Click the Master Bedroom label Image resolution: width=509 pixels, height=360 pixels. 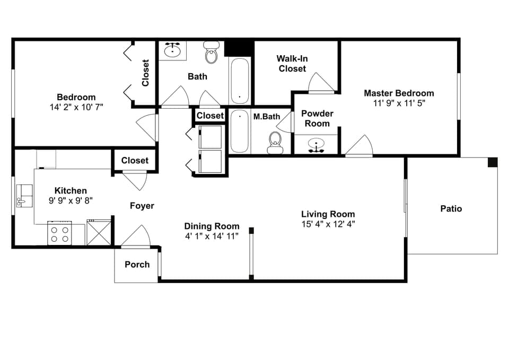tap(398, 93)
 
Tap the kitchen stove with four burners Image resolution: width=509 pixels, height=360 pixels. tap(60, 234)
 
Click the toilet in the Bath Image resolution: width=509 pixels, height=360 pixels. tap(212, 53)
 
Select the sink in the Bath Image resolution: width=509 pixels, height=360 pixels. tap(172, 50)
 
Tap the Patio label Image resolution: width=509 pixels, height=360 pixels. tap(451, 209)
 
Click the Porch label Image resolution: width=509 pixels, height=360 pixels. tap(137, 265)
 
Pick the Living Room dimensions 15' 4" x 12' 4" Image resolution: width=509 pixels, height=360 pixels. tap(328, 224)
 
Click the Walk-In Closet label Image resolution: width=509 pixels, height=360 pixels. tap(292, 64)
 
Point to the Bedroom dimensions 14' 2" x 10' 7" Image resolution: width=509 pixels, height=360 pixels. tap(76, 107)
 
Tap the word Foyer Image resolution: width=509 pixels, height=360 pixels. tap(142, 206)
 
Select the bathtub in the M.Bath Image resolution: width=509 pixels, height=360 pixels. tap(239, 131)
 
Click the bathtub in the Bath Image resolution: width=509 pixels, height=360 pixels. tap(240, 80)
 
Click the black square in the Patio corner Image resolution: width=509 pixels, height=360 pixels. tap(493, 162)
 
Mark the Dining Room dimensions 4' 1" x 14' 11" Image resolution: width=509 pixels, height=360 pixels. tap(212, 236)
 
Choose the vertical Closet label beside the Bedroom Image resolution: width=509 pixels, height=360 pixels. tap(146, 73)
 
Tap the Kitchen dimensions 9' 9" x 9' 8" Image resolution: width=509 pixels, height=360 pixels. tap(71, 200)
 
